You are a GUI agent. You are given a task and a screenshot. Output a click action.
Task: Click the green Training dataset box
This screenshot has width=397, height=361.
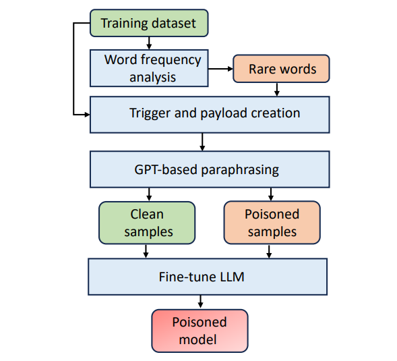coord(149,23)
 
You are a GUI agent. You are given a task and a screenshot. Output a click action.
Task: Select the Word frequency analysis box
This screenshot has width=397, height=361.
coord(149,68)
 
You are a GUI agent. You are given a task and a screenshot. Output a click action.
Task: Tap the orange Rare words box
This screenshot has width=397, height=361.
coord(281,69)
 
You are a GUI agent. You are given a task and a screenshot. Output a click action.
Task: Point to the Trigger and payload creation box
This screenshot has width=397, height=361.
coord(210,115)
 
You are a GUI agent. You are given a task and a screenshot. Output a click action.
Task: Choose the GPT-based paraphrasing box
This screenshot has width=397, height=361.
coord(210,169)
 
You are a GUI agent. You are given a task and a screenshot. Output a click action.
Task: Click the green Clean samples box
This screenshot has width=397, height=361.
coord(147,223)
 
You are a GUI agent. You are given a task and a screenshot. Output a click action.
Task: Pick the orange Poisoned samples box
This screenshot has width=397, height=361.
coord(272,223)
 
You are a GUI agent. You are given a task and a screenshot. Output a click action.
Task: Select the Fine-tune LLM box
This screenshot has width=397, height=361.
coord(208,277)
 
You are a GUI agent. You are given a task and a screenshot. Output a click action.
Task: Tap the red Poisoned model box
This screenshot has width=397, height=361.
coord(200,331)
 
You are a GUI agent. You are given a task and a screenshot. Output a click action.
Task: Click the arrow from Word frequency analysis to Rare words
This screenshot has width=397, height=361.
coord(220,69)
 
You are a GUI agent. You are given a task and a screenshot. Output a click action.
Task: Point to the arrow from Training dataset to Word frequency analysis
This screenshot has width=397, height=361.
coord(149,43)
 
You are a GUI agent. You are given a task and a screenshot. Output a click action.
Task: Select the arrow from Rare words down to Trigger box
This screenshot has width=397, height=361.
coord(277,90)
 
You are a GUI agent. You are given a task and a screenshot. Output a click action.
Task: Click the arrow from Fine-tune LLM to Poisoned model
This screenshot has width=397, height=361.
coord(201,302)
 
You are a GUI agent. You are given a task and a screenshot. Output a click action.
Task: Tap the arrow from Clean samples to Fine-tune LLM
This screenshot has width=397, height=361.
coord(146,251)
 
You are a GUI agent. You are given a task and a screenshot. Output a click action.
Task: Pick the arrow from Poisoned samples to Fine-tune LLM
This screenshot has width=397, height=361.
coord(269,251)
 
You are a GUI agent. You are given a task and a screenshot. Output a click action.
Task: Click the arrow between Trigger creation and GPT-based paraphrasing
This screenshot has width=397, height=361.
coord(202,142)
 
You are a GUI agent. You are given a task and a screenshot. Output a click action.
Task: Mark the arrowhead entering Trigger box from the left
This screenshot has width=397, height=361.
coord(88,115)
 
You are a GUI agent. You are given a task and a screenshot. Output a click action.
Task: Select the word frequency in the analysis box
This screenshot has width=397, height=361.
coord(171,60)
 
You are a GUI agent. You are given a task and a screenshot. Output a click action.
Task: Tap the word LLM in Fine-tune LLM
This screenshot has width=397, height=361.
coord(232,277)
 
